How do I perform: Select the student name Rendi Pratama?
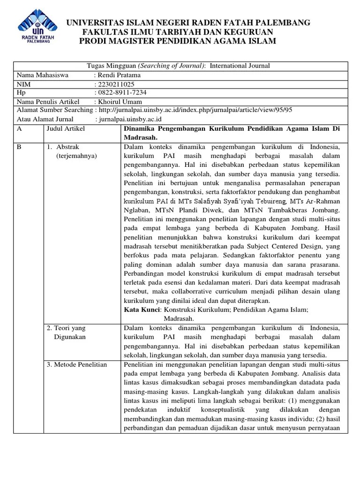(x=119, y=75)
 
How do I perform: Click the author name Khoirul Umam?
(x=120, y=102)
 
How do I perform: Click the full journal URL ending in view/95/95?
(x=195, y=110)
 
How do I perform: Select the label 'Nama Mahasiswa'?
(x=43, y=75)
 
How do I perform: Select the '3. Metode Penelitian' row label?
(x=77, y=364)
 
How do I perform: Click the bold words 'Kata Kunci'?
(x=141, y=309)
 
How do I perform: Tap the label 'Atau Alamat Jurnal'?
(x=45, y=119)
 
